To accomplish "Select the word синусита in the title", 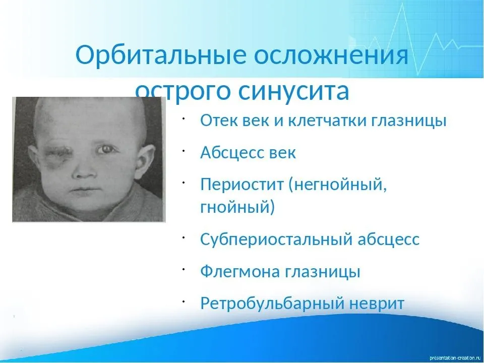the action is click(294, 91).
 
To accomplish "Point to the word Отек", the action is click(219, 120).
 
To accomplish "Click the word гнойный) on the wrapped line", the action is click(237, 207).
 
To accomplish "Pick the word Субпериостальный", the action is click(276, 239).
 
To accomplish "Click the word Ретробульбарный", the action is click(272, 304).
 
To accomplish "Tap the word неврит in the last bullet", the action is click(377, 304).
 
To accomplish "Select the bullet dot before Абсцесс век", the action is click(183, 150).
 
